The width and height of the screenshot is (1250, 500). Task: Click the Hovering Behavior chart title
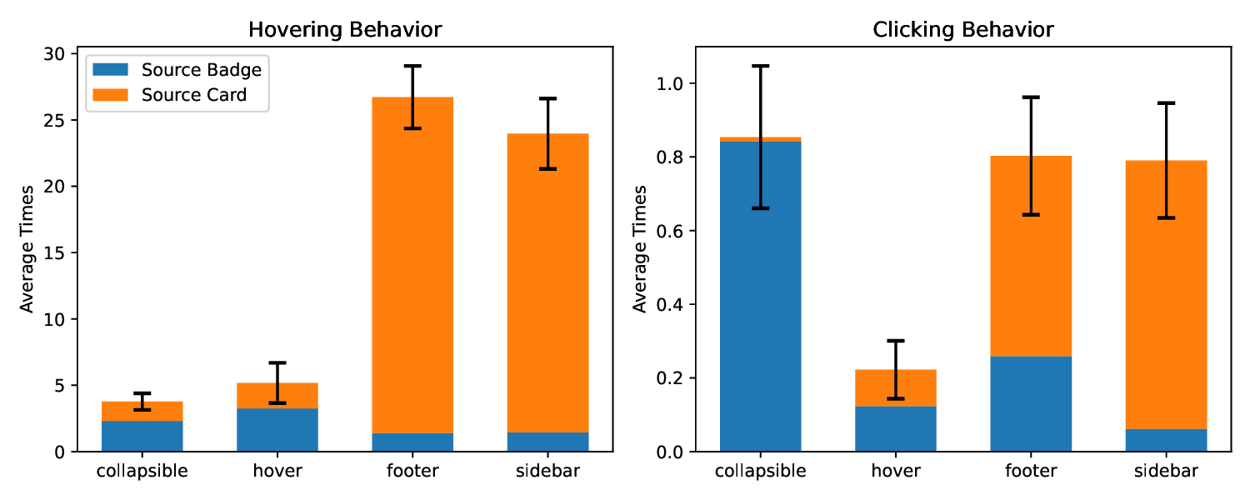(344, 31)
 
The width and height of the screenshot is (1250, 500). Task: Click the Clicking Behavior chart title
(962, 31)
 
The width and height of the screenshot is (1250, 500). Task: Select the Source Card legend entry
(194, 95)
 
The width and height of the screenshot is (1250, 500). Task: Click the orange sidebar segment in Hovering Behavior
(547, 283)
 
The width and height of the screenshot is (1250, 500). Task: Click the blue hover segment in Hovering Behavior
(277, 430)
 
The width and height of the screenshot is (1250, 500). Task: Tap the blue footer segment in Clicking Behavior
(1031, 404)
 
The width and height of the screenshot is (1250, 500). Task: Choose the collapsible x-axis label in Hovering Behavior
(142, 472)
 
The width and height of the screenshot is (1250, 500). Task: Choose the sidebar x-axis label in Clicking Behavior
(1166, 472)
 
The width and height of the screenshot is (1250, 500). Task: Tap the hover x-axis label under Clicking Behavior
(895, 472)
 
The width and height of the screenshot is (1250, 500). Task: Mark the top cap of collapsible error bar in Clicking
(760, 66)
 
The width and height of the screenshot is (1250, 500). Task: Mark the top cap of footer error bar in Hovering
(412, 66)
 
